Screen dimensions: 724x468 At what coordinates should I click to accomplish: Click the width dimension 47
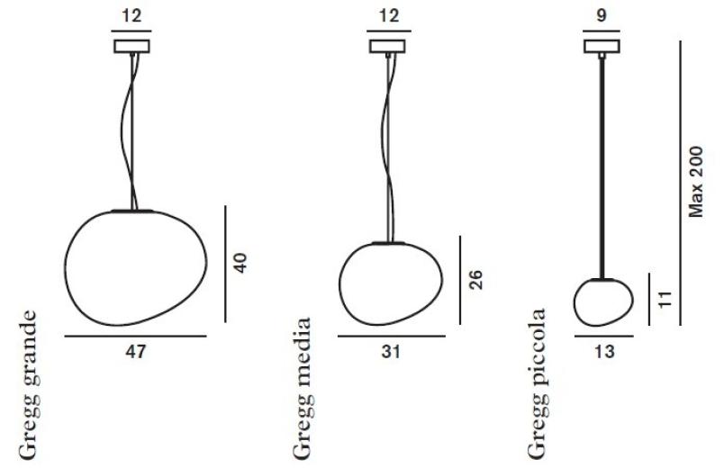135,352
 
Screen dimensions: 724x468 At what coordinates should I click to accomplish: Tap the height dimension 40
240,263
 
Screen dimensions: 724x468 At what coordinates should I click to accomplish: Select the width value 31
391,352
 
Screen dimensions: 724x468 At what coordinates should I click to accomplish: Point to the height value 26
475,280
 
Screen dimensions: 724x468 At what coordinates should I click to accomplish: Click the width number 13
604,352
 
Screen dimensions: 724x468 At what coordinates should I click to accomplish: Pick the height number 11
664,300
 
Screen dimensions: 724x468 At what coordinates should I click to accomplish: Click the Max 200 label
695,182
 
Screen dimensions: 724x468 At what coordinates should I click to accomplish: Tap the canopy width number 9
602,15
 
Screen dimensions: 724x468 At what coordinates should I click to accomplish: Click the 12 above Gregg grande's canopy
131,15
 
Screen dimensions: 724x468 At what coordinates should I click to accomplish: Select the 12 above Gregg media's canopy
389,15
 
